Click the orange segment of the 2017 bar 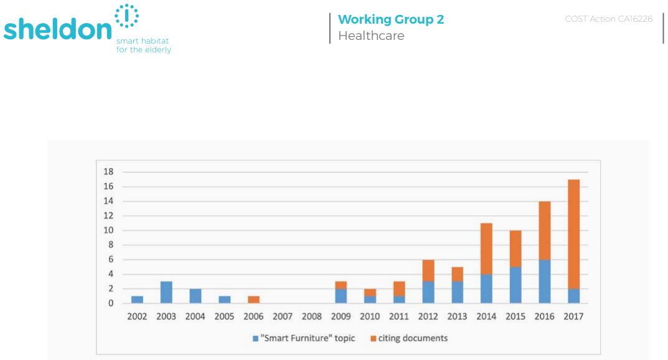(573, 234)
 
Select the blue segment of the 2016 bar (545, 282)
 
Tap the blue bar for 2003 (166, 292)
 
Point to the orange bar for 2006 (253, 300)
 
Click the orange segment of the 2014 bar (486, 249)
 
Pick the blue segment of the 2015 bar (515, 285)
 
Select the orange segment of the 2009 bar (341, 285)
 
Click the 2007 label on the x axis (283, 316)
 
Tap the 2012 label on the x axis (428, 316)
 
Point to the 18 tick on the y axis (108, 172)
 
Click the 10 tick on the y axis (108, 230)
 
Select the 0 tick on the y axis (111, 303)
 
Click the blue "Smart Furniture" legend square (256, 339)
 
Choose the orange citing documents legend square (373, 339)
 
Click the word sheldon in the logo (57, 29)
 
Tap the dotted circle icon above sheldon (126, 16)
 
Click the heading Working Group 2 (391, 19)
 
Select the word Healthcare (371, 36)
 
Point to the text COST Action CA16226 (608, 19)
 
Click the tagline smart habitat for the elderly (144, 45)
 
